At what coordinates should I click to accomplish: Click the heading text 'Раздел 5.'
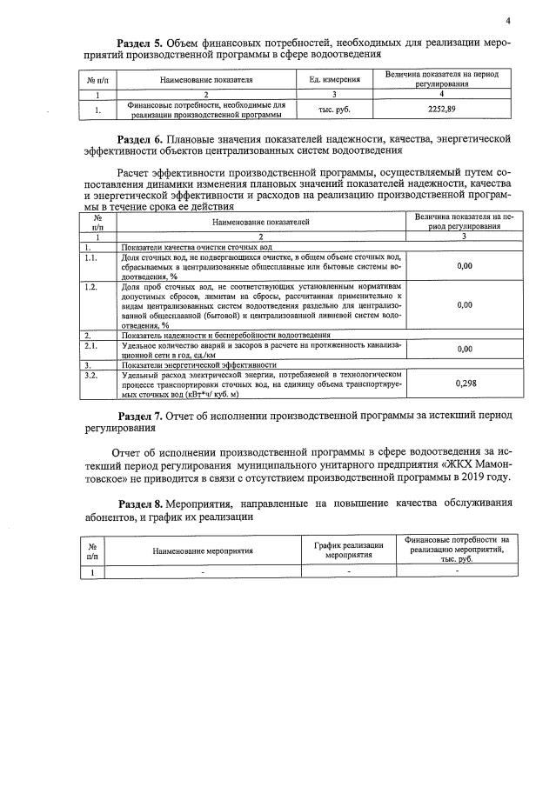143,43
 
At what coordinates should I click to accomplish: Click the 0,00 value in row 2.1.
465,350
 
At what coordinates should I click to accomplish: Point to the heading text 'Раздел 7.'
143,416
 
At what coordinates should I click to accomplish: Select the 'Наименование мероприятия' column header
203,550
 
